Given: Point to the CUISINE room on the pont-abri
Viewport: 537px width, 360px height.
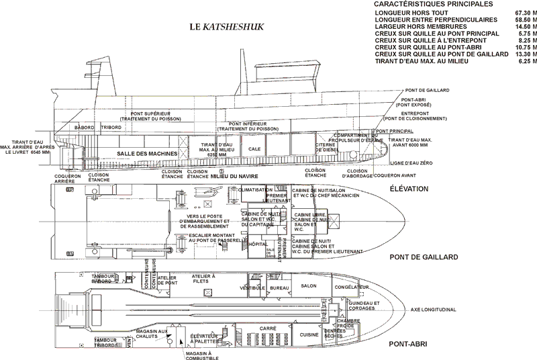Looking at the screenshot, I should click(309, 334).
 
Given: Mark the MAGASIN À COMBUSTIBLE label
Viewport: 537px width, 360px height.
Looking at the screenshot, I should click(200, 355).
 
